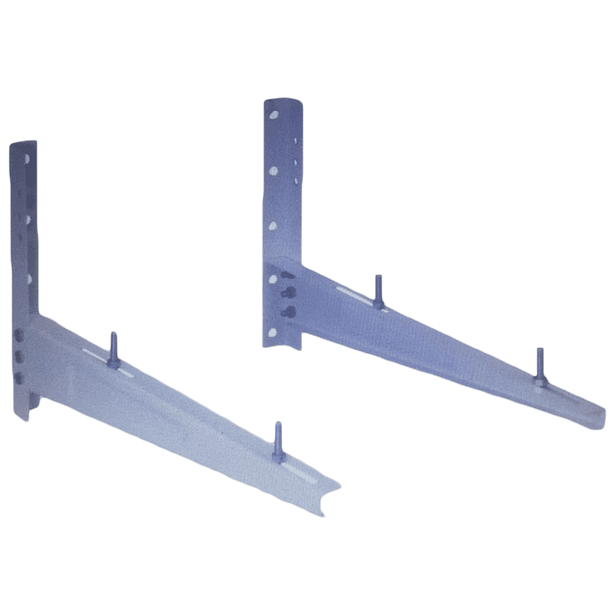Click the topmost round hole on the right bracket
tap(274, 114)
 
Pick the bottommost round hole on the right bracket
tap(273, 331)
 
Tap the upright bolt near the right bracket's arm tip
tap(539, 366)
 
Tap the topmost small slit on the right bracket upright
tap(295, 141)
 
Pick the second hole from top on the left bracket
tap(29, 218)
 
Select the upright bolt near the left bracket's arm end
tap(278, 439)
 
